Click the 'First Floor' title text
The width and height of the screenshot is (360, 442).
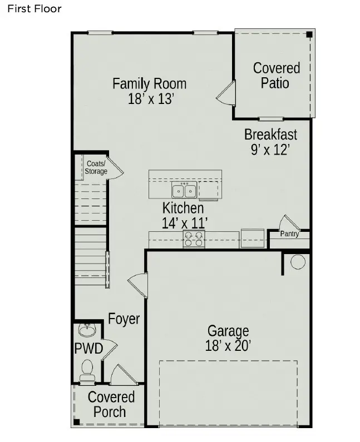[34, 9]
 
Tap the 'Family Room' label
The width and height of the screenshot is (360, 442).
[149, 84]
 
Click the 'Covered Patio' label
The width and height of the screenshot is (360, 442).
[276, 76]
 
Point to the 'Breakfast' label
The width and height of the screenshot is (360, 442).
[270, 135]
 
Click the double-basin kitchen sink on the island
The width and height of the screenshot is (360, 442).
[184, 190]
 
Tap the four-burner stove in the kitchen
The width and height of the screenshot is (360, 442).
[194, 239]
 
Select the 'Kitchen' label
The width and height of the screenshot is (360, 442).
[183, 208]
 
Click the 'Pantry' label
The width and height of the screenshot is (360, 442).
[289, 234]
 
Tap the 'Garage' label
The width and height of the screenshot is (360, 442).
[228, 331]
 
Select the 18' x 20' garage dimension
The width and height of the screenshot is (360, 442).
[228, 346]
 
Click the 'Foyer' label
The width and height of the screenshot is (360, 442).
[124, 319]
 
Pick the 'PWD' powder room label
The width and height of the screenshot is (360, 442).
[88, 349]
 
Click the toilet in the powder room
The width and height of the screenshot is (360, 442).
[87, 370]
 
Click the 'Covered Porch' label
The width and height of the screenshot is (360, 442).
[111, 405]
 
